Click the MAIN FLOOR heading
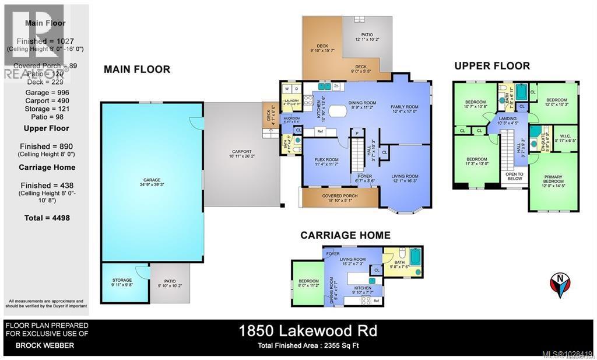pyautogui.click(x=136, y=69)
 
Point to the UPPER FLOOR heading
pyautogui.click(x=492, y=66)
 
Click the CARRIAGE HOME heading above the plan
pyautogui.click(x=345, y=235)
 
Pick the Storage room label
pyautogui.click(x=122, y=281)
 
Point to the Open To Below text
pyautogui.click(x=514, y=176)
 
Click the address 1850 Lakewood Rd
pyautogui.click(x=308, y=331)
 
